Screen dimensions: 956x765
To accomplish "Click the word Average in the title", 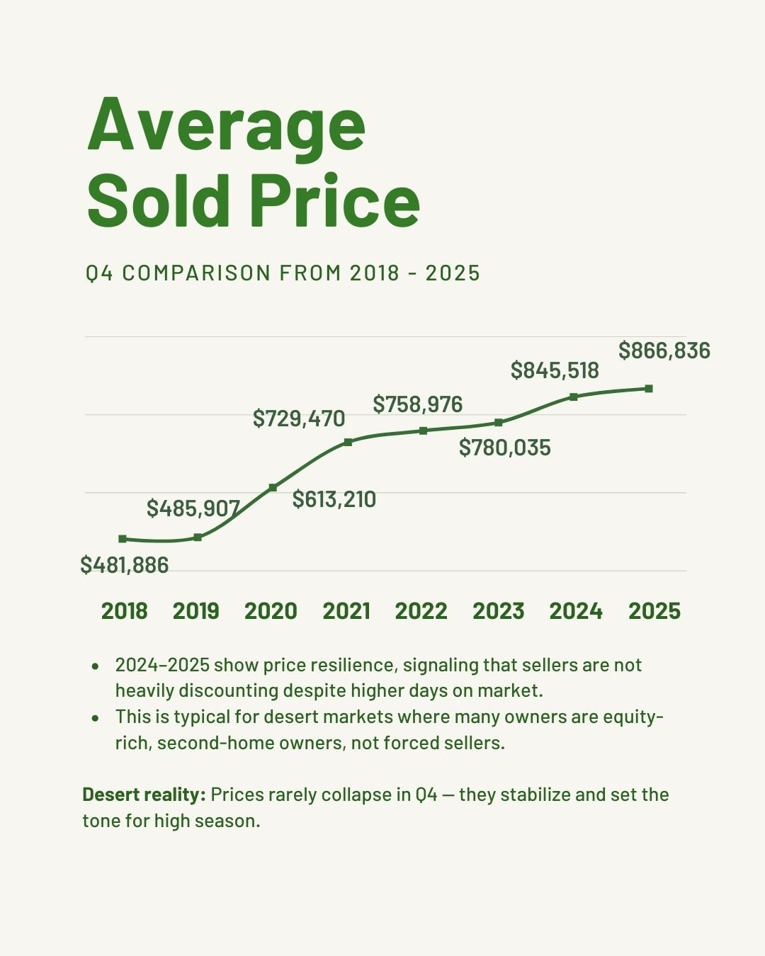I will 227,126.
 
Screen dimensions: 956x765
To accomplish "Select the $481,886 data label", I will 125,565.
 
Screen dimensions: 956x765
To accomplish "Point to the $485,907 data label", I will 193,508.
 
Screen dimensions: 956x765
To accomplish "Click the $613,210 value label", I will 334,499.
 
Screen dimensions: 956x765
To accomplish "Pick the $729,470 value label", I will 299,419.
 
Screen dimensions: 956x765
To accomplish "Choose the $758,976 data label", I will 418,404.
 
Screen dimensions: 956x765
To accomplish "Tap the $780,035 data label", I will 505,448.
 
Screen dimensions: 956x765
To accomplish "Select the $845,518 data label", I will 555,370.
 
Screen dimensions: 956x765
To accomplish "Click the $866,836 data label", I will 664,351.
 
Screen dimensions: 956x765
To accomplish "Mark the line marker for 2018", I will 123,539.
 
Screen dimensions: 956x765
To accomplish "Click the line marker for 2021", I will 348,442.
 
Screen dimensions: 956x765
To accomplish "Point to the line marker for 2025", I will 649,389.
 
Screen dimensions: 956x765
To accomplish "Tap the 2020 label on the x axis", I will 271,611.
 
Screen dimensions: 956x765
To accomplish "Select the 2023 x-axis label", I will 499,611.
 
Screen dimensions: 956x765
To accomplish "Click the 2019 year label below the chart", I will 196,611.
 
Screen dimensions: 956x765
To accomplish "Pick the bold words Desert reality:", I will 144,795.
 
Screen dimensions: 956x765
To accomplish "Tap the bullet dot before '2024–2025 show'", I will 95,666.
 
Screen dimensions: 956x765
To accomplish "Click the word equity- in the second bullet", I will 633,717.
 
